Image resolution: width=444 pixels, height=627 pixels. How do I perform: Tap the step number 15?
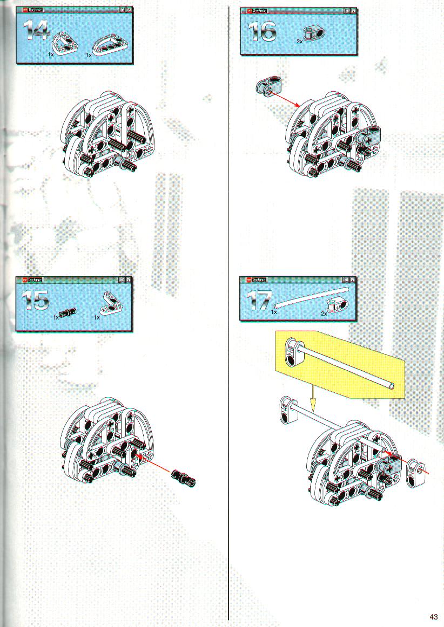35,300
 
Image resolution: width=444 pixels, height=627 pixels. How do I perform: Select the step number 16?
262,32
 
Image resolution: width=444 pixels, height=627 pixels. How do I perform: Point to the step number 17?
259,301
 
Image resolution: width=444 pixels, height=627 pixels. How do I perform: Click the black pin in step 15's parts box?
68,312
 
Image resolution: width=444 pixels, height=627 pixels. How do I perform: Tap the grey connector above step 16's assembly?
268,86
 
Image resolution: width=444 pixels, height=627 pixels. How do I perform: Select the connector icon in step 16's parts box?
314,35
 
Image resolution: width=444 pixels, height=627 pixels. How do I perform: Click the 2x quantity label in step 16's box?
299,41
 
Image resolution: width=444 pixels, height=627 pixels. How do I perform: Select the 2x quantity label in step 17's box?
324,314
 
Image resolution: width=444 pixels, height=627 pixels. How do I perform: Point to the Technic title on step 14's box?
36,9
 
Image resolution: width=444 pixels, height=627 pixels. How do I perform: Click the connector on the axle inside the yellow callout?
294,352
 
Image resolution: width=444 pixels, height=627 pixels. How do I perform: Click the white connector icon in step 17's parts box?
338,306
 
